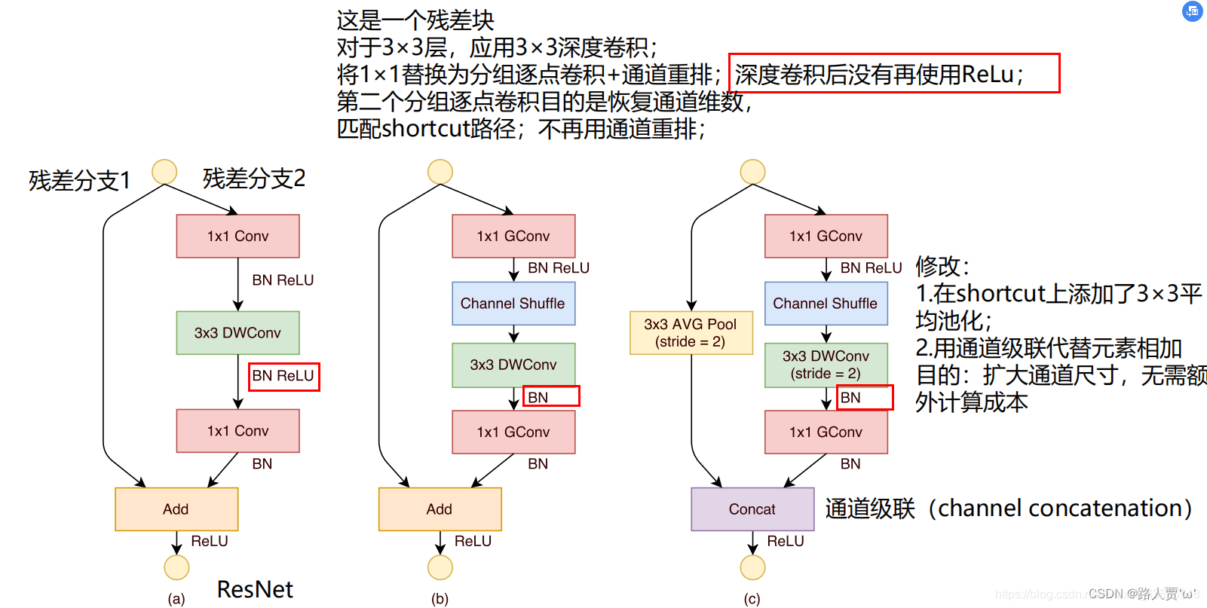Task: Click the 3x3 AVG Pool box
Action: coord(691,332)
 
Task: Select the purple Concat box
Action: coord(752,509)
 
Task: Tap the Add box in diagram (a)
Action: coord(176,509)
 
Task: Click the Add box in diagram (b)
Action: coord(440,509)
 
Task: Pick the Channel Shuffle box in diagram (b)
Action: coord(513,304)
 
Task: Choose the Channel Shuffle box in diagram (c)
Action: coord(826,304)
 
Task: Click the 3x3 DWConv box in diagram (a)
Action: coord(237,333)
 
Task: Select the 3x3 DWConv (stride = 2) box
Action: coord(826,365)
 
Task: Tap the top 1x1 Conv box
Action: coord(237,236)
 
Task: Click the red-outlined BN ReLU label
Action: coord(283,376)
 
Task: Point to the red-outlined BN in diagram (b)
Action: coord(550,396)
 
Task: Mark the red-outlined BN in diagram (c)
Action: coord(864,397)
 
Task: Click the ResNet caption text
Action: coord(255,589)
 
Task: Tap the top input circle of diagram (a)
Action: coord(164,172)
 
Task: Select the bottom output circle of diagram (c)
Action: coord(752,567)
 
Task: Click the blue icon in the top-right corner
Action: coord(1192,11)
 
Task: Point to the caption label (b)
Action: coord(440,599)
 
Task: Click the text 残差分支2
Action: coord(254,179)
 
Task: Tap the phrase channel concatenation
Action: coord(1059,509)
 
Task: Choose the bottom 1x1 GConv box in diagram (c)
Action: coord(826,432)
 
